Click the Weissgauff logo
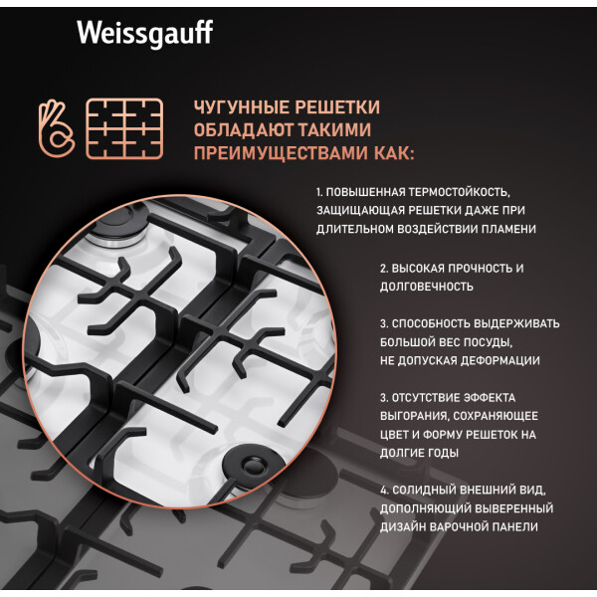click(x=144, y=33)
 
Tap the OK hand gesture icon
click(x=56, y=128)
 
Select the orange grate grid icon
click(x=124, y=128)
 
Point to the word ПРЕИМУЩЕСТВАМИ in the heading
click(x=281, y=153)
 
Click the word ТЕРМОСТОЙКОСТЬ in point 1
click(x=460, y=192)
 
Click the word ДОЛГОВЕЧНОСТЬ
click(x=427, y=287)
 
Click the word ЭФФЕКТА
click(x=490, y=398)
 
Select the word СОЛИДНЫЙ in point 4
click(x=424, y=490)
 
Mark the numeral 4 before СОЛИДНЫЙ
click(x=383, y=490)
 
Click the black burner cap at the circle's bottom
click(x=253, y=463)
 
